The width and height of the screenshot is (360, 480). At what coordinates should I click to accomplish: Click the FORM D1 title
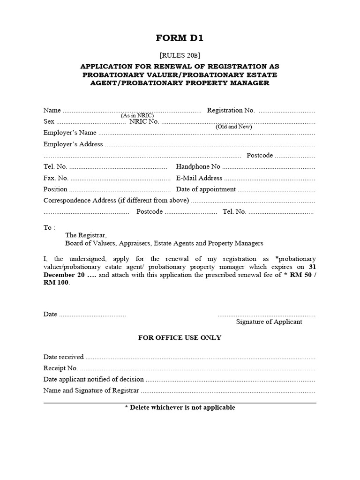180,38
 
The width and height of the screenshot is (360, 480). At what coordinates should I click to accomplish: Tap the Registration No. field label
231,111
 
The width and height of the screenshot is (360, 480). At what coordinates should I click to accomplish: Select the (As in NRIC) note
137,115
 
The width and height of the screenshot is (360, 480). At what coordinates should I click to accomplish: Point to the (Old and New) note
234,127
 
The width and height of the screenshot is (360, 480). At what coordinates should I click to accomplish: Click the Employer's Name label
70,133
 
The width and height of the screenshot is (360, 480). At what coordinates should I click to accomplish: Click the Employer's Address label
73,144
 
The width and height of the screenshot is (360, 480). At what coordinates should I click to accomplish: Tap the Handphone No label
198,166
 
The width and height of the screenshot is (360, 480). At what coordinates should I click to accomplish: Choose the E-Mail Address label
199,178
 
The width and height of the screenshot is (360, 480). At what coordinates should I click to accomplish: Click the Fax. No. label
56,178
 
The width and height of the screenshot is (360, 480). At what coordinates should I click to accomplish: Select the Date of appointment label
206,189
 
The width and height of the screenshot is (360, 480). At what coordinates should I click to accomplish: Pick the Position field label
55,189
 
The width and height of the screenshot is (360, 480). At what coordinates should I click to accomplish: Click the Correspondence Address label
116,201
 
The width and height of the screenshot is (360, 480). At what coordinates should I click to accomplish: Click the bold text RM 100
56,283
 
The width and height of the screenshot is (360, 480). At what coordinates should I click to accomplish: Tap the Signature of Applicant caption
269,322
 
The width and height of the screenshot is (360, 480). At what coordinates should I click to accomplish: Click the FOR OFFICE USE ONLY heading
180,338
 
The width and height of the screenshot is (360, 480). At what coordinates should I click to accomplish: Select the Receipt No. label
60,368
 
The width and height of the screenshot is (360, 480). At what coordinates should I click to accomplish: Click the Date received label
63,357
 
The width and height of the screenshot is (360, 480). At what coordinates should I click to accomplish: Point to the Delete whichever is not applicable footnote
180,408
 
